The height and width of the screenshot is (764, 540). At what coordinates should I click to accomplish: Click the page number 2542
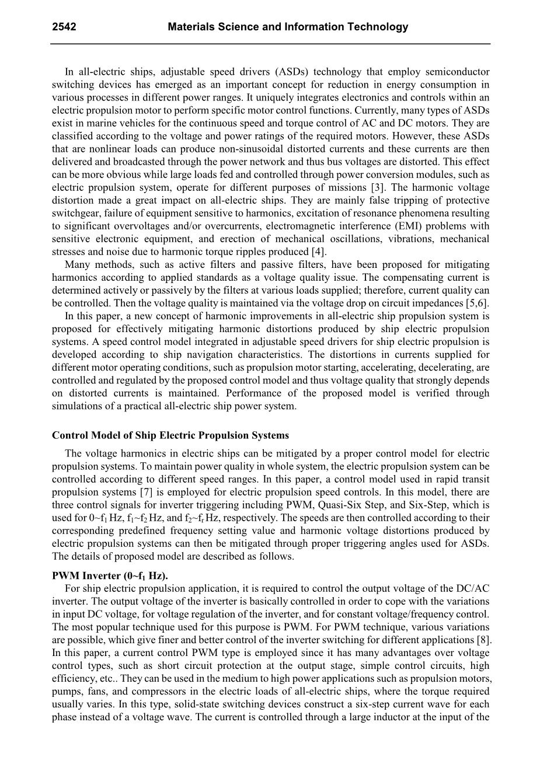point(64,27)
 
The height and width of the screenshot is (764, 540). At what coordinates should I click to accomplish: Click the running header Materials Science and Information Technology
point(288,27)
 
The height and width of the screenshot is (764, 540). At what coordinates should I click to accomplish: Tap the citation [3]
point(377,188)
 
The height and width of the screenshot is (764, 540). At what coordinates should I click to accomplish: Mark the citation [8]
point(482,640)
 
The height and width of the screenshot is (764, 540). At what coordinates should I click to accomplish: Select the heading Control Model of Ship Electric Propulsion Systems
point(170,436)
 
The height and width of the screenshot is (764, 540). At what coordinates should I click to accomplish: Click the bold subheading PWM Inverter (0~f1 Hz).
point(105,575)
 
